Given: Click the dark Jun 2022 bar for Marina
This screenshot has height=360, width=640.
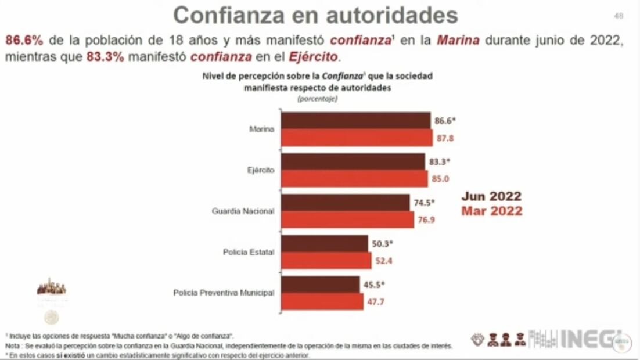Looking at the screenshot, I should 355,121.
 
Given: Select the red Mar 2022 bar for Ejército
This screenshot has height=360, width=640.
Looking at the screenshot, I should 355,179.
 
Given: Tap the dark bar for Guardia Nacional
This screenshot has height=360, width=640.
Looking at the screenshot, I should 346,203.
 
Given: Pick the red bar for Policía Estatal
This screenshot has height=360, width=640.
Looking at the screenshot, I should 326,261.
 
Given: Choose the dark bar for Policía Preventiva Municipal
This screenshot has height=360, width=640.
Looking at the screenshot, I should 321,285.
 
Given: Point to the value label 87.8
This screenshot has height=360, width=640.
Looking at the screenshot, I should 444,138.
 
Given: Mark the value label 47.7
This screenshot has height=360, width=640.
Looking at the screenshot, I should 375,302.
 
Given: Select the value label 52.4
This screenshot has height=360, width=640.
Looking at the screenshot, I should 383,261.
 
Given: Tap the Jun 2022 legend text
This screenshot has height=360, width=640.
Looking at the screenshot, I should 491,196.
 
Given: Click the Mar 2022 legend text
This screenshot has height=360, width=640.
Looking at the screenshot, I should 491,211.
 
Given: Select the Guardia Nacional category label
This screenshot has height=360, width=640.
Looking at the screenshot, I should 243,211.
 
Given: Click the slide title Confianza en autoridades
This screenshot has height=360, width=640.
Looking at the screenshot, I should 315,15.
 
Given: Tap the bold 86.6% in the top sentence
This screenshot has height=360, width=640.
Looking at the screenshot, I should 24,41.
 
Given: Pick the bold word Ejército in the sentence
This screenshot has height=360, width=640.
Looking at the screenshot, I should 318,57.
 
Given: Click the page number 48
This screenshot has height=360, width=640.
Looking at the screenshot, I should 619,16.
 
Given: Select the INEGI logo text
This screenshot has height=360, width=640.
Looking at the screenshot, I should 588,339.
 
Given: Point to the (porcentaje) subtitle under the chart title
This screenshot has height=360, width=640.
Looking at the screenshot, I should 317,99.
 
